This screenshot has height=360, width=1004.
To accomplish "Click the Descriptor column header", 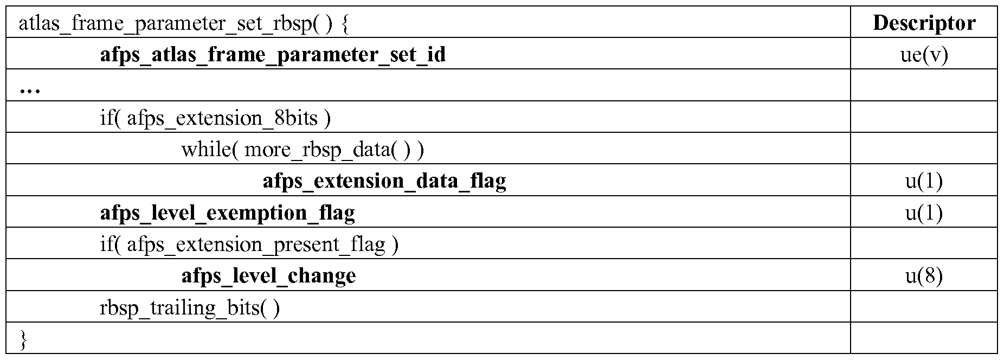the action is point(924,23).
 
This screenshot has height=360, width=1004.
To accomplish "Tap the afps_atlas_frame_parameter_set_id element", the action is point(273,55).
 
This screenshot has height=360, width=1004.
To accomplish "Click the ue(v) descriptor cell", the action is point(924,55).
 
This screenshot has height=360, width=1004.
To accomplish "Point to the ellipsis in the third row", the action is point(30,91).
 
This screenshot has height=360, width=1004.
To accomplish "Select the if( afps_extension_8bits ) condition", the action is point(215,118).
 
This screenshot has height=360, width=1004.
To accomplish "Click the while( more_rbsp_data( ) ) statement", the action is point(303,150).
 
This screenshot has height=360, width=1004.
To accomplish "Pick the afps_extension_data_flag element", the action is point(384,181).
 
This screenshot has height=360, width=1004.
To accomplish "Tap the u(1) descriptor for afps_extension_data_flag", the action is point(924,181).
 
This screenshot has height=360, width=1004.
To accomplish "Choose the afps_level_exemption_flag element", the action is point(228,213).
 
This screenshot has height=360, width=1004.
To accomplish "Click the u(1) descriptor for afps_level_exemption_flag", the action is point(924,213).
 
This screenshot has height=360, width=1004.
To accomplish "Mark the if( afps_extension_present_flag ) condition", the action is point(249,245).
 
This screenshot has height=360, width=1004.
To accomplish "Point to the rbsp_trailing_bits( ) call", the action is point(190,308).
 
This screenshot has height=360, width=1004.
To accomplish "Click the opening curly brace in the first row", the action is point(345,24).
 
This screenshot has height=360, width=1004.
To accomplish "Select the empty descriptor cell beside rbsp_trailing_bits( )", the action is point(924,307).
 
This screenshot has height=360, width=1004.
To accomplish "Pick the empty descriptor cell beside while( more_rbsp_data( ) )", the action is point(924,149).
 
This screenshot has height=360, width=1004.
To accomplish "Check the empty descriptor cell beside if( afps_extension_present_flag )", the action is point(924,243).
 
